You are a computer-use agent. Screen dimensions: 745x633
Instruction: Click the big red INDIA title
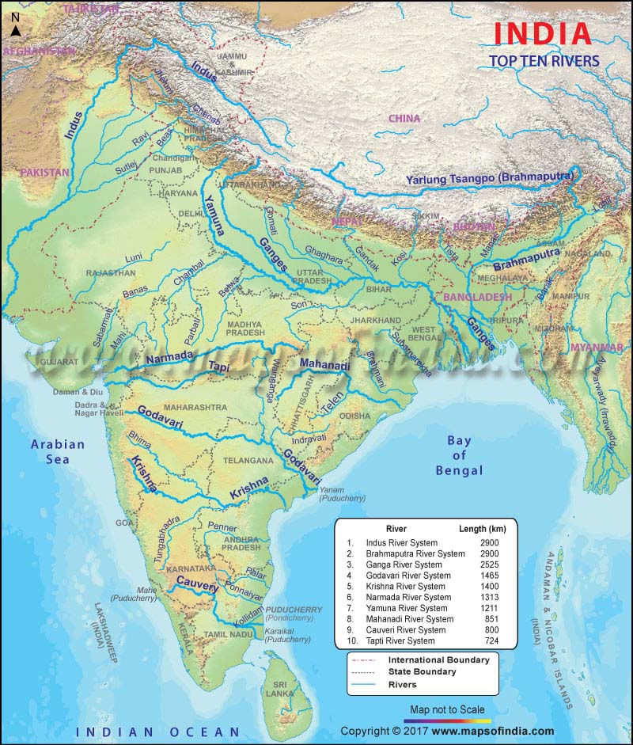[x=543, y=34]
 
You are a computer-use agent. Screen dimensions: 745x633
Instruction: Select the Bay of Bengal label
[x=459, y=456]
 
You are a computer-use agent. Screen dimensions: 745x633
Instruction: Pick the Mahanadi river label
[x=324, y=365]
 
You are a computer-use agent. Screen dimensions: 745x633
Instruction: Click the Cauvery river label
[x=197, y=582]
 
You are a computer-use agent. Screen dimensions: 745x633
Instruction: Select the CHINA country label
[x=404, y=119]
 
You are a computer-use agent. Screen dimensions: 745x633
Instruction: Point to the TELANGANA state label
[x=247, y=460]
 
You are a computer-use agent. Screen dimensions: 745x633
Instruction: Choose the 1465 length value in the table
[x=487, y=576]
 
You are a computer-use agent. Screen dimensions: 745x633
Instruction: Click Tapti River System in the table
[x=400, y=640]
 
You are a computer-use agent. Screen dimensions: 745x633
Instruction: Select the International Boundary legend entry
[x=438, y=660]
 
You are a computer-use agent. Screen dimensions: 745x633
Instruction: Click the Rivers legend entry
[x=402, y=685]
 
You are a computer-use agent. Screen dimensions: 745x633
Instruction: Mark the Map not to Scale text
[x=447, y=709]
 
